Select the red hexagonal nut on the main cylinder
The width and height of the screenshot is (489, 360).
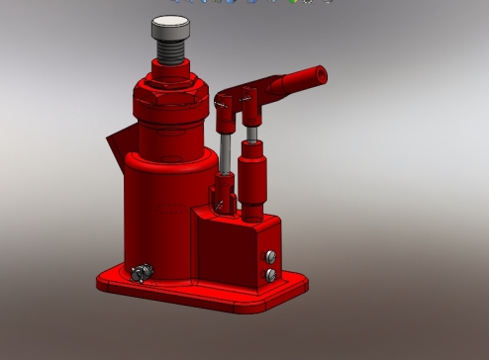pyautogui.click(x=170, y=100)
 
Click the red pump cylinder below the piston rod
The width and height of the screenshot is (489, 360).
pyautogui.click(x=253, y=178)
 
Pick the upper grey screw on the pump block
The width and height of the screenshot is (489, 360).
pyautogui.click(x=269, y=259)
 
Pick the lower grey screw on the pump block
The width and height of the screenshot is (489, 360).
pyautogui.click(x=269, y=274)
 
